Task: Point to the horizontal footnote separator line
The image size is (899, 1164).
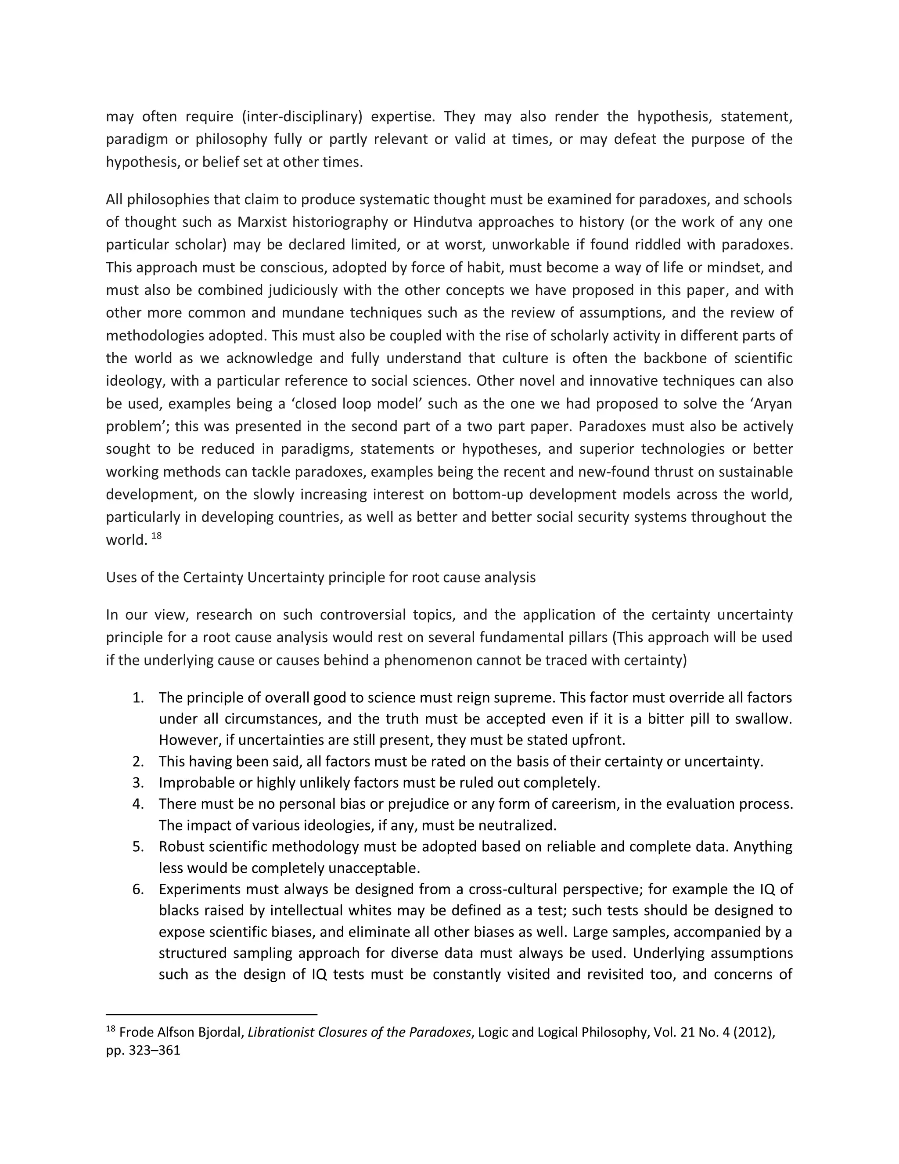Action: click(212, 1014)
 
